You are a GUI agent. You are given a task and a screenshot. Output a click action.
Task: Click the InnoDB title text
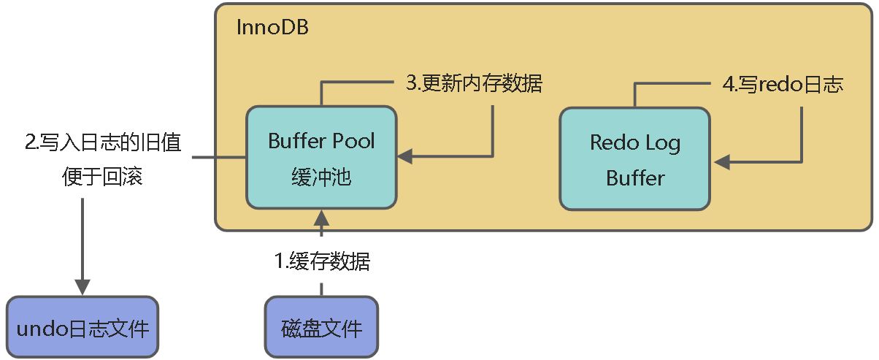[x=272, y=28]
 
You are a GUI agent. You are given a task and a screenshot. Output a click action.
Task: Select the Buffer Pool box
[x=321, y=157]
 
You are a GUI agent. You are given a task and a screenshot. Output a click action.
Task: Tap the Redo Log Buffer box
[x=634, y=158]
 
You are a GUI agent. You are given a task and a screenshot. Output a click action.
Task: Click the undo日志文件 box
[x=82, y=327]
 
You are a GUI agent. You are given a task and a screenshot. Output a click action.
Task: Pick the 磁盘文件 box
[x=321, y=327]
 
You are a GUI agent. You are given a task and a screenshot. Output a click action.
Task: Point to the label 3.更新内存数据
[x=474, y=83]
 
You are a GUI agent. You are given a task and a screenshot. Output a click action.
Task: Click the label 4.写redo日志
[x=783, y=85]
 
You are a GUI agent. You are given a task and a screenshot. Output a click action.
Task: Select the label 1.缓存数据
[x=321, y=261]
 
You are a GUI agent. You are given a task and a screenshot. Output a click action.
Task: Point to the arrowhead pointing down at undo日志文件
[x=82, y=286]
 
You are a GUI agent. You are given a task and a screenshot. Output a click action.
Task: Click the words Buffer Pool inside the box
[x=321, y=141]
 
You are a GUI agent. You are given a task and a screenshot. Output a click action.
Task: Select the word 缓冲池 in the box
[x=321, y=176]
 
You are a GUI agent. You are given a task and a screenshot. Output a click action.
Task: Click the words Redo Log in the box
[x=634, y=142]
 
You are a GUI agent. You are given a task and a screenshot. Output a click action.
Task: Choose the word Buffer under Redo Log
[x=634, y=177]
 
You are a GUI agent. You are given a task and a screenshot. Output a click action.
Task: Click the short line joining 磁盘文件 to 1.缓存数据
[x=321, y=286]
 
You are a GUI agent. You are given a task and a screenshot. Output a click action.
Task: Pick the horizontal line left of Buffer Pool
[x=220, y=157]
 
